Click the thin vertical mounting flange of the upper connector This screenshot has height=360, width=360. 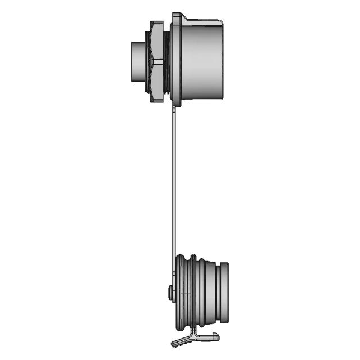pyautogui.click(x=176, y=59)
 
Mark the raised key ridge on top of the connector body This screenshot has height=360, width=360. pyautogui.click(x=202, y=22)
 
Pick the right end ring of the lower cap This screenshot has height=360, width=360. pyautogui.click(x=224, y=292)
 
